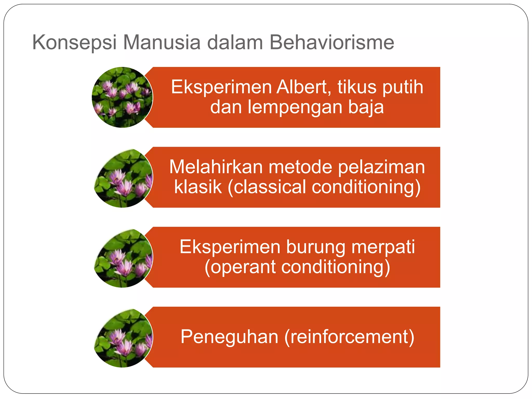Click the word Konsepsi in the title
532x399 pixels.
pyautogui.click(x=74, y=42)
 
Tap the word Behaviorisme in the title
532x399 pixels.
pyautogui.click(x=332, y=42)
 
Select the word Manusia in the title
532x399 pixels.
pyautogui.click(x=162, y=42)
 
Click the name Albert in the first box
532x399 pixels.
pyautogui.click(x=303, y=87)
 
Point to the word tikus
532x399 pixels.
pyautogui.click(x=357, y=87)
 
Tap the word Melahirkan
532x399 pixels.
pyautogui.click(x=216, y=167)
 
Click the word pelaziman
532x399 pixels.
pyautogui.click(x=381, y=167)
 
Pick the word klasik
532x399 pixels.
pyautogui.click(x=198, y=187)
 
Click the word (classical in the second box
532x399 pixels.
pyautogui.click(x=267, y=187)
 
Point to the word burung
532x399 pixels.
pyautogui.click(x=316, y=247)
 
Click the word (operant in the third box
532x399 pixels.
pyautogui.click(x=240, y=267)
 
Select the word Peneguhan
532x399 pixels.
pyautogui.click(x=229, y=337)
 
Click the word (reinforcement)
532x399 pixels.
pyautogui.click(x=349, y=337)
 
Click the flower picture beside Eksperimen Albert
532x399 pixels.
pyautogui.click(x=122, y=97)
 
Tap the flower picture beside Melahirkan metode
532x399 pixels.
pyautogui.click(x=123, y=178)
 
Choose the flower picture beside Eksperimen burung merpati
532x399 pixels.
pyautogui.click(x=123, y=258)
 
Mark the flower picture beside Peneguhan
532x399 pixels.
pyautogui.click(x=123, y=338)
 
